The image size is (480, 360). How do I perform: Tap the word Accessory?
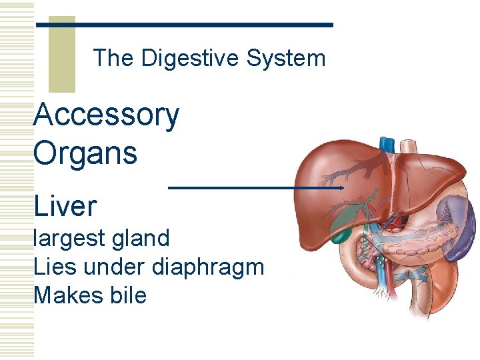coord(106,115)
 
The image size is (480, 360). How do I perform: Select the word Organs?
coord(85,153)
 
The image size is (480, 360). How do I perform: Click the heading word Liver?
coord(65,206)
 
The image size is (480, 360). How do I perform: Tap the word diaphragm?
coord(208,267)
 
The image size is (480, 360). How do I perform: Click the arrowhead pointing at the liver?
coord(341,188)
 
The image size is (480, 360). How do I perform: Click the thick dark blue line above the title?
coord(184,25)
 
